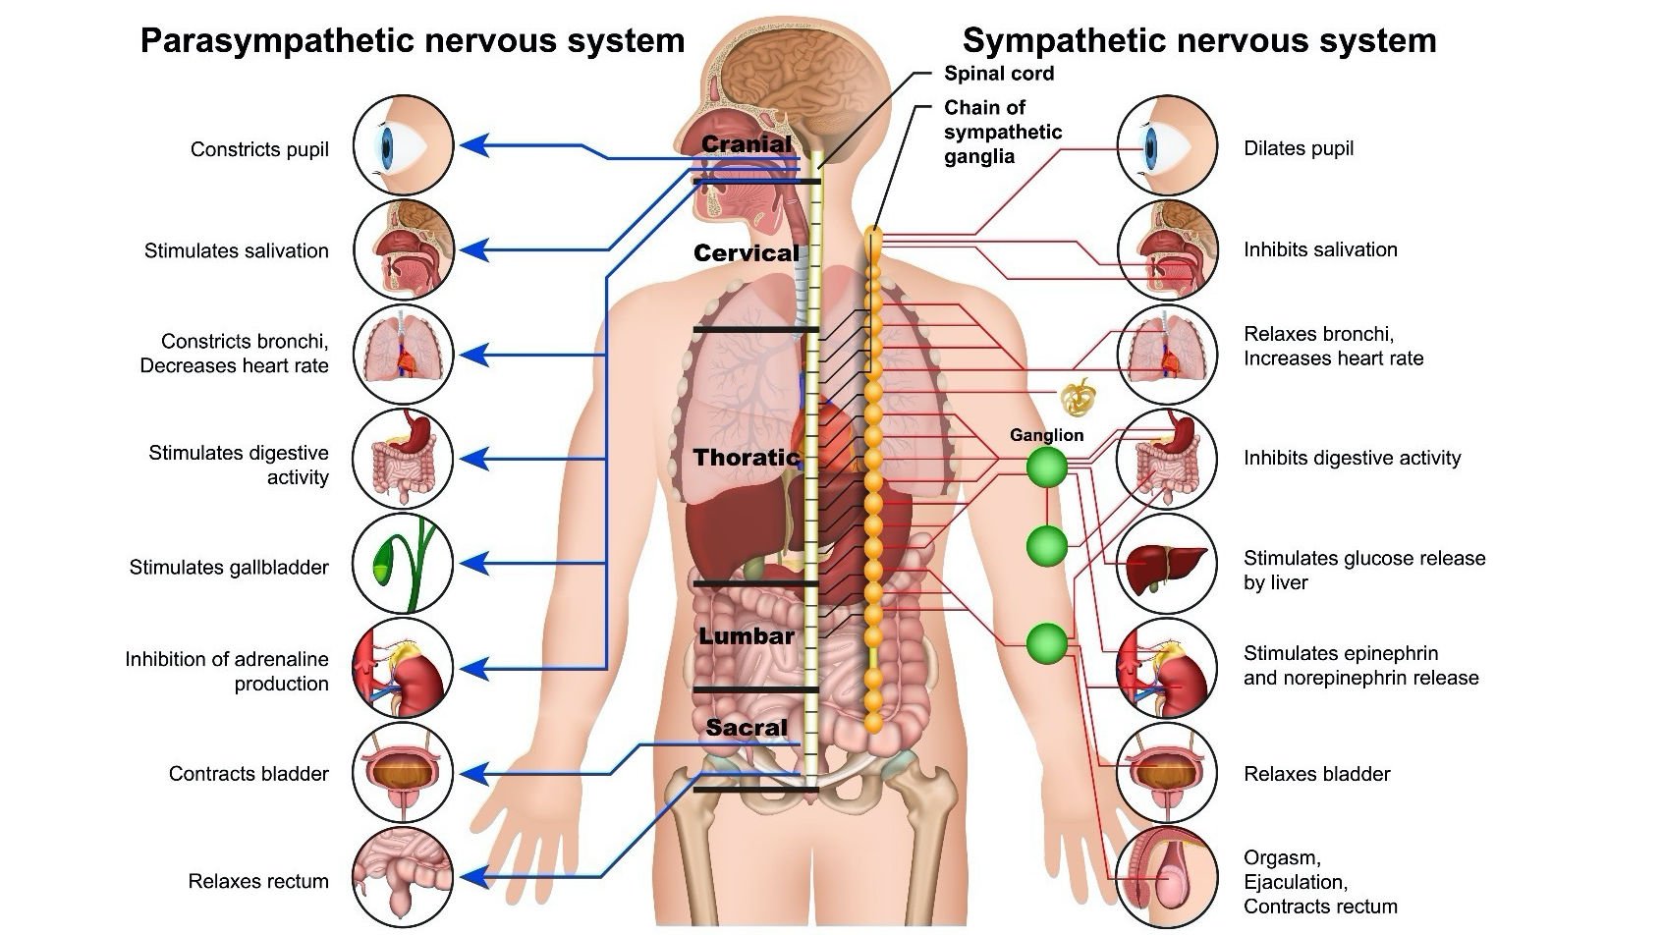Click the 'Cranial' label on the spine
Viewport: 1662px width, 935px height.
click(x=746, y=144)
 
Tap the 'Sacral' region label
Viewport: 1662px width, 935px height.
click(x=747, y=728)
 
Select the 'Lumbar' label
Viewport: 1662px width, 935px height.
click(x=747, y=636)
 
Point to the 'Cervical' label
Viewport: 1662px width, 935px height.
click(x=747, y=253)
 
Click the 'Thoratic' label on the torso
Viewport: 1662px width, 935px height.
click(x=747, y=458)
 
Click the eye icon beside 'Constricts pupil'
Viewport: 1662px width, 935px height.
click(x=403, y=145)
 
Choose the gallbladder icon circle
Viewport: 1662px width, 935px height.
click(x=403, y=564)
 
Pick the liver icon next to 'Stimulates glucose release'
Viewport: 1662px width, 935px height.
click(x=1167, y=564)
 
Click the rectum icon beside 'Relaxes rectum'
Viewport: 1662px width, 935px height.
click(x=403, y=877)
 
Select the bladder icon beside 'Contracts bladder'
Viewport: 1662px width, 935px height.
click(x=403, y=773)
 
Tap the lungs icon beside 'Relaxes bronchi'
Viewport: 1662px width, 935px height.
click(x=1167, y=355)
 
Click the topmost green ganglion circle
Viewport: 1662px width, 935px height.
click(x=1047, y=467)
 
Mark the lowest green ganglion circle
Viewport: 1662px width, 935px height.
click(x=1047, y=643)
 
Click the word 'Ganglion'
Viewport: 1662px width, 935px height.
click(x=1047, y=435)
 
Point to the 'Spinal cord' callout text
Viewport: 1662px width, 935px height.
click(x=999, y=74)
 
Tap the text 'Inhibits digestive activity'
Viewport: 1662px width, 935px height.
click(x=1352, y=458)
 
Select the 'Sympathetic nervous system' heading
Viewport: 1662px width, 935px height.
click(x=1199, y=41)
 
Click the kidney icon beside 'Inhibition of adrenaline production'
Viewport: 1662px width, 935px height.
click(x=403, y=669)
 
